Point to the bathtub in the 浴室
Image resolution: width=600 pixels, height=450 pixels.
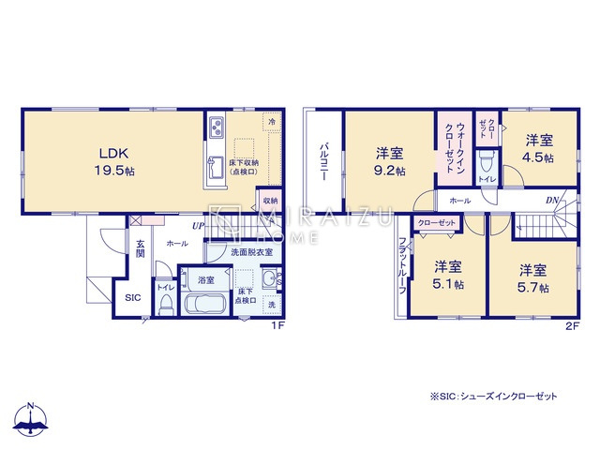pos(200,305)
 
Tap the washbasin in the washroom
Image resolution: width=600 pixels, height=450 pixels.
pos(268,278)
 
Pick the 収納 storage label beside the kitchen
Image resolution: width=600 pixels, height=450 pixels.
pos(269,201)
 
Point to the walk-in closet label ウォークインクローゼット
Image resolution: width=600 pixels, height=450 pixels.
pos(454,148)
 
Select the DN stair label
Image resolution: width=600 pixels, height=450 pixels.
pos(554,201)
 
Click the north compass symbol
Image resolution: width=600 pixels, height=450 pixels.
pos(32,421)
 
